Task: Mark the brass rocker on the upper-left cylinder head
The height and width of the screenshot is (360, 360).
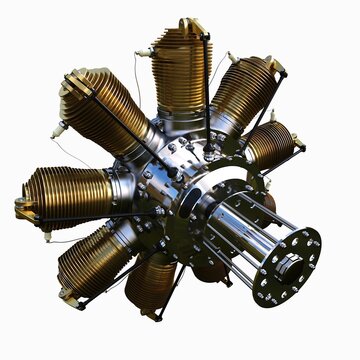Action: point(73,82)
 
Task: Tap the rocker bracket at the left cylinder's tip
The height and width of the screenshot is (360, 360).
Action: point(22,207)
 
